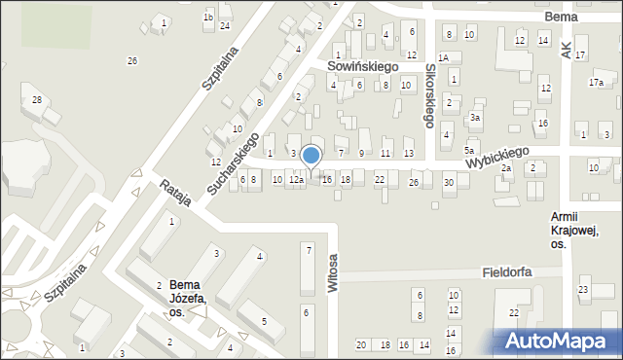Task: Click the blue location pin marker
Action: [x=311, y=156]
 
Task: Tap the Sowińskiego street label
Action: [x=364, y=66]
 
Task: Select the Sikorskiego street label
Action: [x=429, y=95]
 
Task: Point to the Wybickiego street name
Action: [x=496, y=158]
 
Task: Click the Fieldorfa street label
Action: [x=506, y=272]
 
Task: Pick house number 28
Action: [x=37, y=100]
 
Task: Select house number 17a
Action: [x=595, y=84]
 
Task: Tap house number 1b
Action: [x=207, y=18]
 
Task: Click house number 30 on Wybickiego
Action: [x=449, y=183]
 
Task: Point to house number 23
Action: [x=583, y=290]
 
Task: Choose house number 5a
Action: [x=468, y=151]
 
